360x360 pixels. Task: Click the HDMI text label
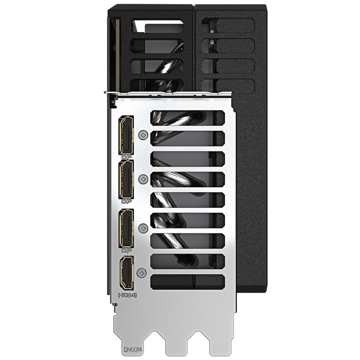coord(127,295)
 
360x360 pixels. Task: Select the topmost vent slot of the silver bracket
coord(187,118)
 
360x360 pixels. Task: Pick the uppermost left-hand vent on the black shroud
coord(158,26)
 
